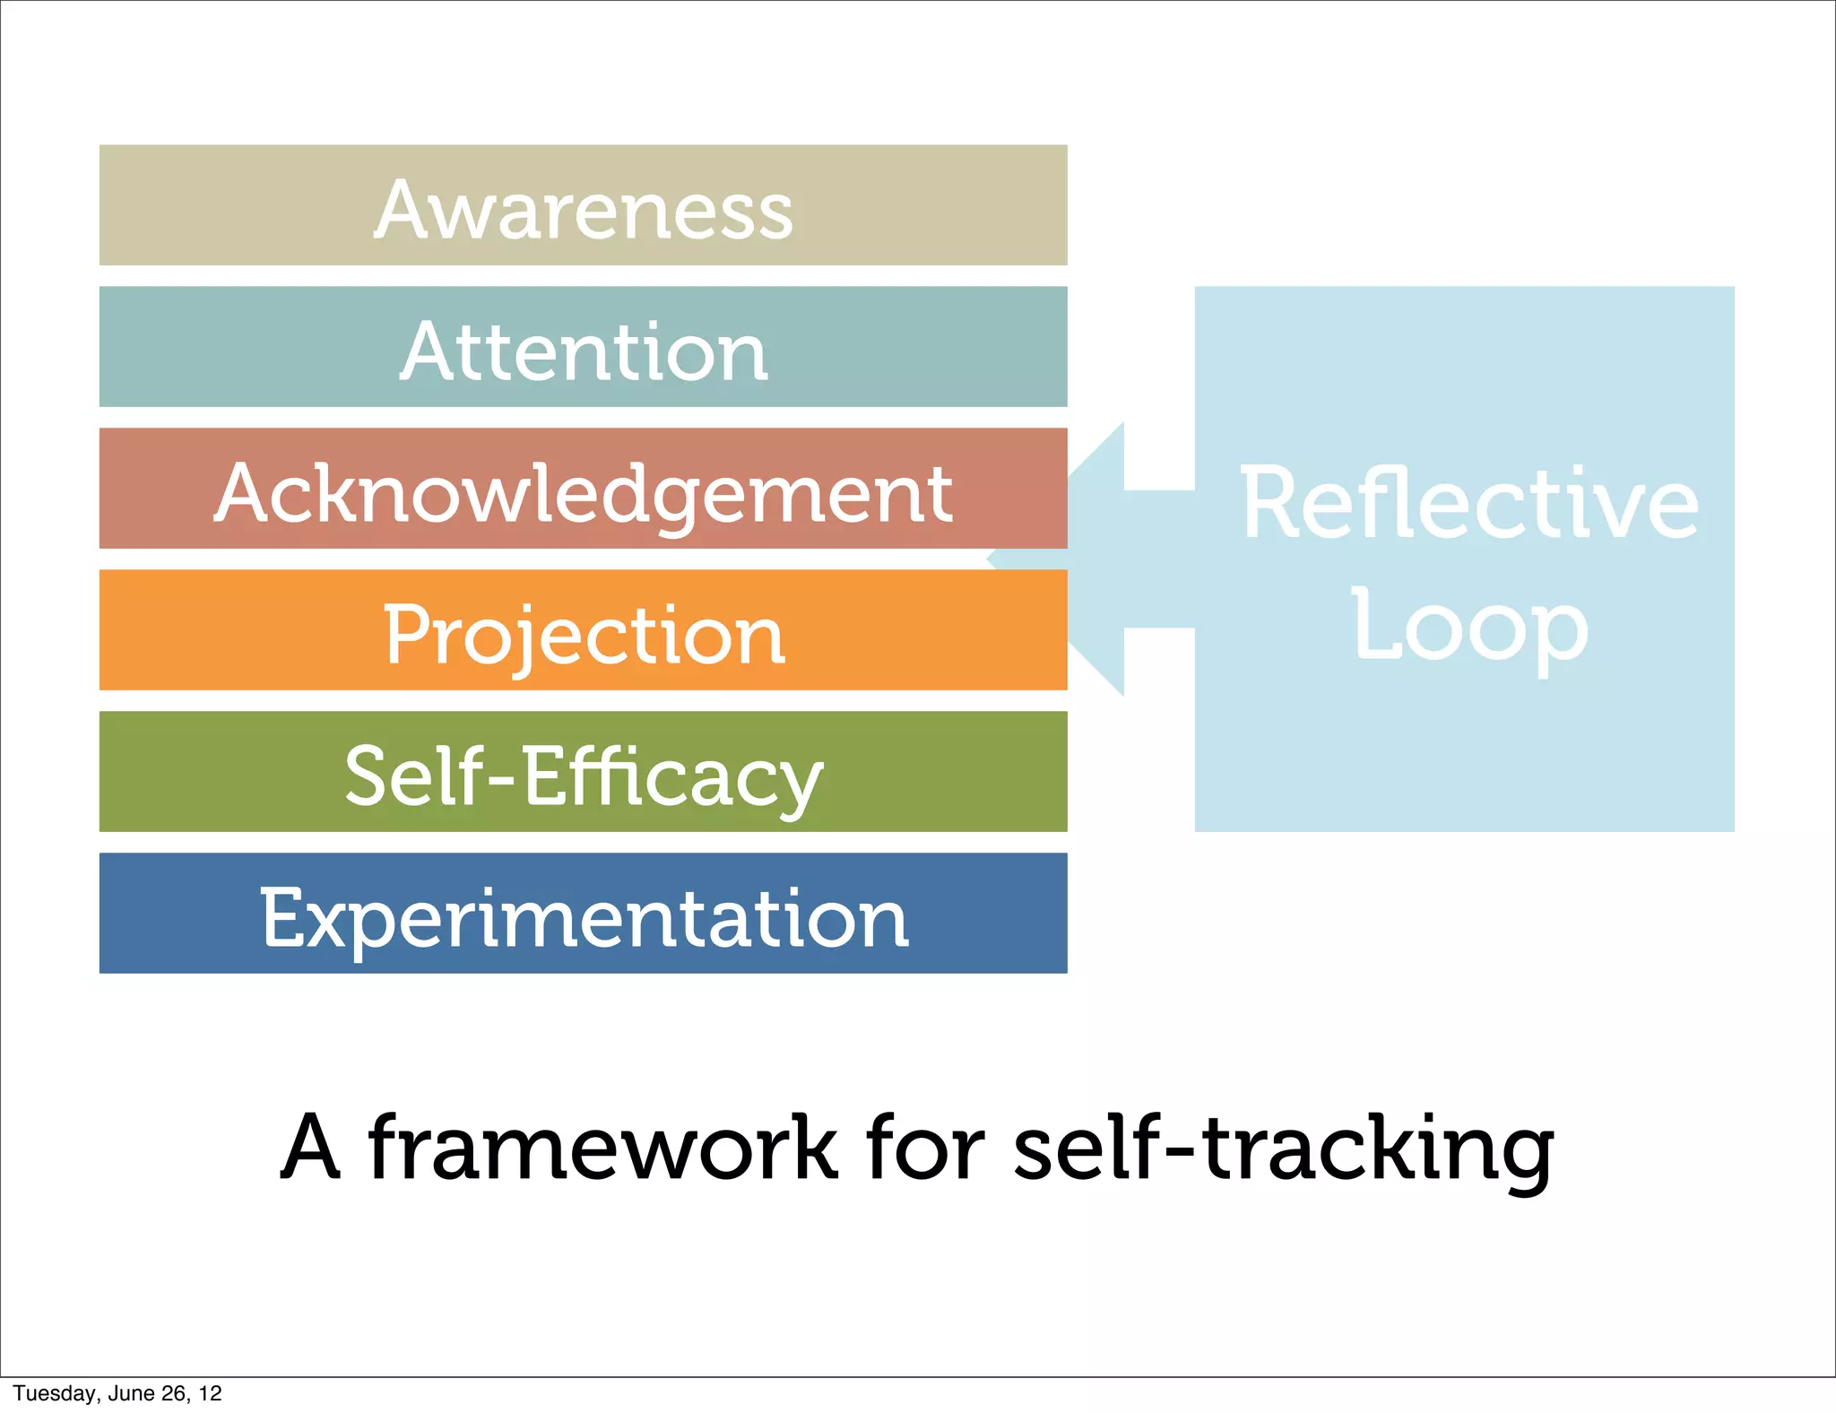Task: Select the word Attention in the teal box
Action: (x=584, y=351)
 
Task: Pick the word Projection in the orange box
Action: (x=584, y=635)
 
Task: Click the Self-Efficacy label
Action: (x=584, y=776)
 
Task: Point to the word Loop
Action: (x=1468, y=625)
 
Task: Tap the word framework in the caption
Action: (x=602, y=1147)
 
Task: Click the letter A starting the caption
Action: (x=309, y=1147)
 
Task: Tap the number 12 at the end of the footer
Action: (x=210, y=1393)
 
